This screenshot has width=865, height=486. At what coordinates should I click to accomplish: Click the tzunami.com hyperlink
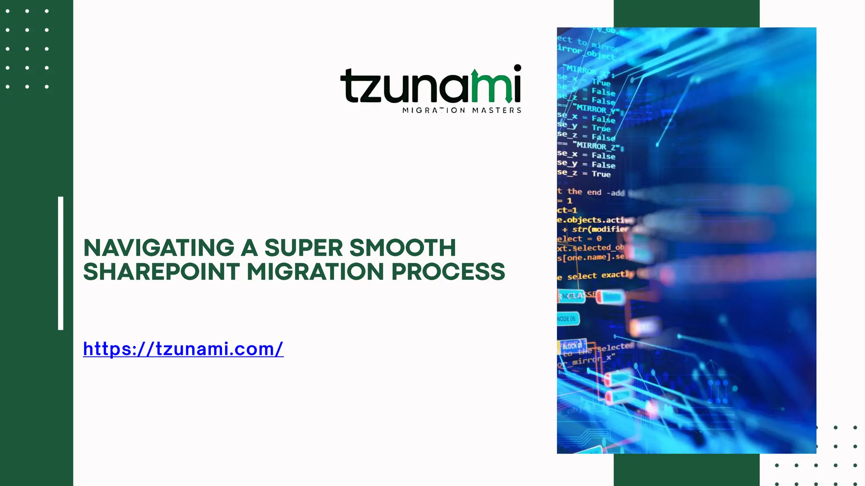tap(183, 349)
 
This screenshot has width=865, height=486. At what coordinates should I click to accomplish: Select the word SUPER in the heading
tap(303, 248)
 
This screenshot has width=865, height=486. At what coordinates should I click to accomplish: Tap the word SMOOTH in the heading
tap(403, 248)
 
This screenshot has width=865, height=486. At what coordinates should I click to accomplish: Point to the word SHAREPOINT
tap(161, 272)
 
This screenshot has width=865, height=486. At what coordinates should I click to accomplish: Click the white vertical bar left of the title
tap(60, 263)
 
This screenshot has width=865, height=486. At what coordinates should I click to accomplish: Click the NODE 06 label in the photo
tap(567, 319)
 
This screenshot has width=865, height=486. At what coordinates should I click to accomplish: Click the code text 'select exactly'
tap(600, 275)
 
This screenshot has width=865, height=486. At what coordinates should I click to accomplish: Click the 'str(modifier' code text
tap(600, 229)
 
